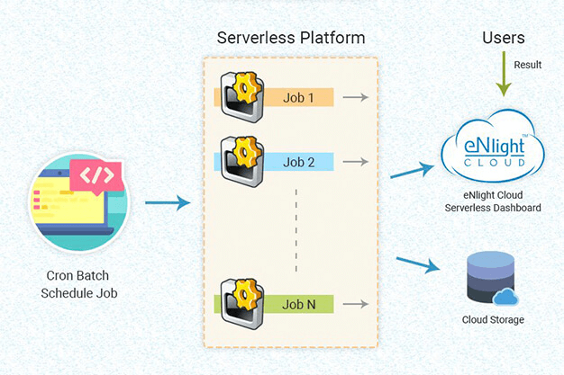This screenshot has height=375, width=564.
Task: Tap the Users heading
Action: [504, 38]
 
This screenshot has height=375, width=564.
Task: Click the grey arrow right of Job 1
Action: [357, 97]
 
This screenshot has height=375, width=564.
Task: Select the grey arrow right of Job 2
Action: [357, 163]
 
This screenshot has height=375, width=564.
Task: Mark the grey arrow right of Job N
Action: [357, 304]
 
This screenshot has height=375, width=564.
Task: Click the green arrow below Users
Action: [504, 77]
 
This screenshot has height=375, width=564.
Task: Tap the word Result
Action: [528, 65]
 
